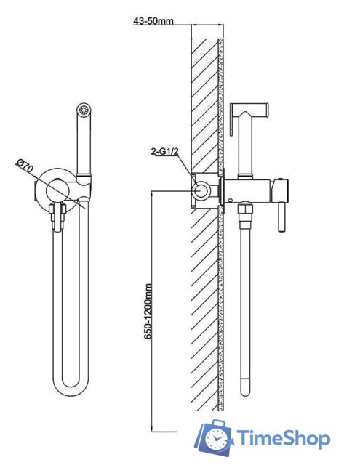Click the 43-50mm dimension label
point(153,21)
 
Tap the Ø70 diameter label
point(25,166)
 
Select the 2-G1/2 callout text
point(164,152)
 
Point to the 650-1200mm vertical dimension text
point(148,311)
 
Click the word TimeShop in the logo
point(283,438)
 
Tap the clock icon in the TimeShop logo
point(216,440)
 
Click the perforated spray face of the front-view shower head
point(84,110)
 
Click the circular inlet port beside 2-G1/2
point(201,190)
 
